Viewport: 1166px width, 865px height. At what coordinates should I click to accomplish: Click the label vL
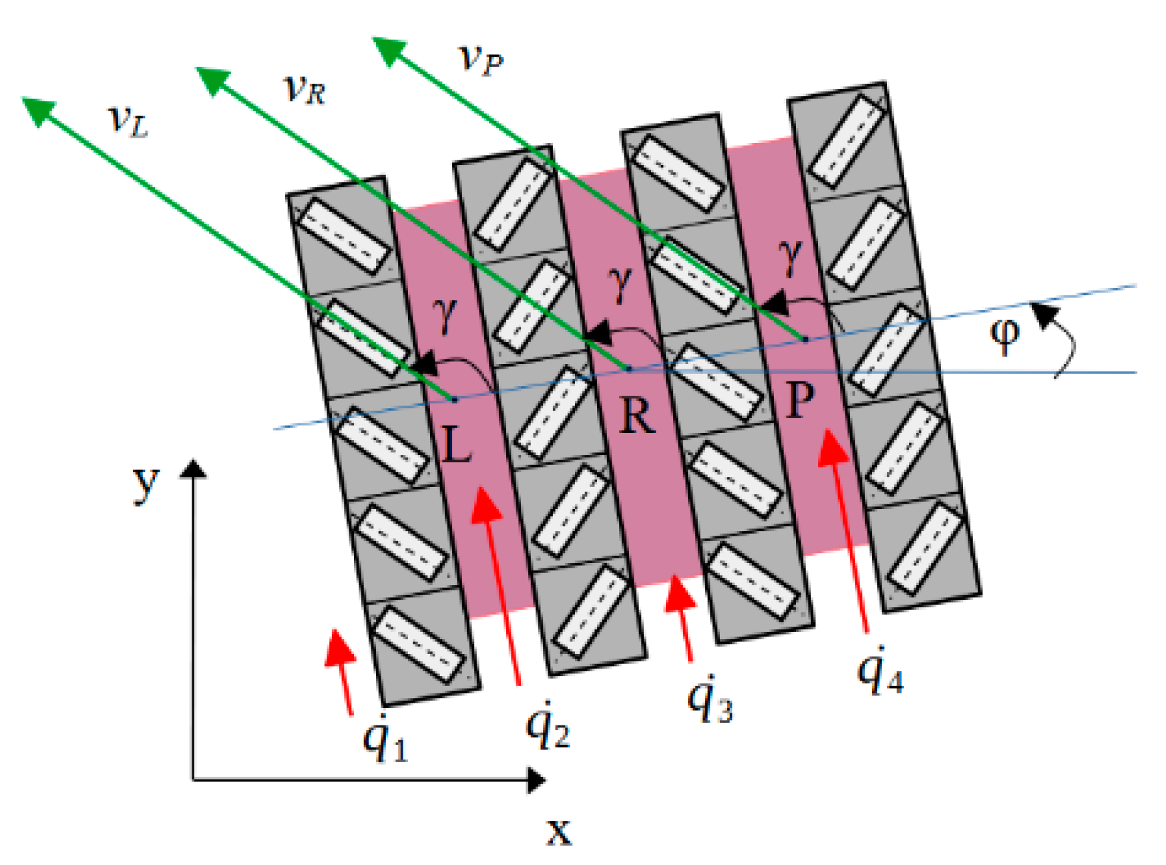[x=128, y=120]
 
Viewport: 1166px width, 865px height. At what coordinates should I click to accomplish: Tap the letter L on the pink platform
[x=457, y=444]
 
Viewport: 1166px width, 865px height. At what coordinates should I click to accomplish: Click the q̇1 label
[x=385, y=738]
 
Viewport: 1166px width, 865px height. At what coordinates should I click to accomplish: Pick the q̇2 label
[x=548, y=725]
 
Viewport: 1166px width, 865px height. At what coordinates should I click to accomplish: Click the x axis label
[x=559, y=832]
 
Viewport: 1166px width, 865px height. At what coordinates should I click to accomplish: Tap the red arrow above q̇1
[x=341, y=668]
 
